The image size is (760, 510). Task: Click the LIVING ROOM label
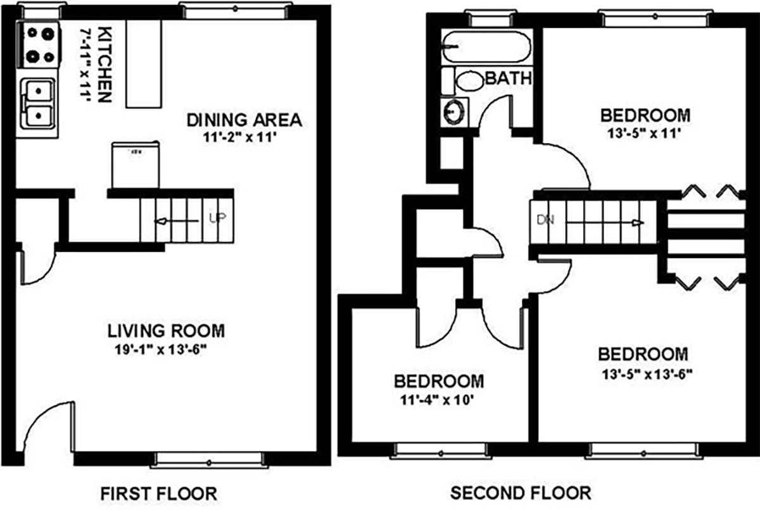click(165, 330)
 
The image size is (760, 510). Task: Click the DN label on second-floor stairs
click(545, 221)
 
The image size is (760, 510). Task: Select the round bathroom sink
click(454, 111)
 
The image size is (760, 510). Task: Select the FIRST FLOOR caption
click(160, 492)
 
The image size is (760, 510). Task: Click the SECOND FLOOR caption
click(521, 492)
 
